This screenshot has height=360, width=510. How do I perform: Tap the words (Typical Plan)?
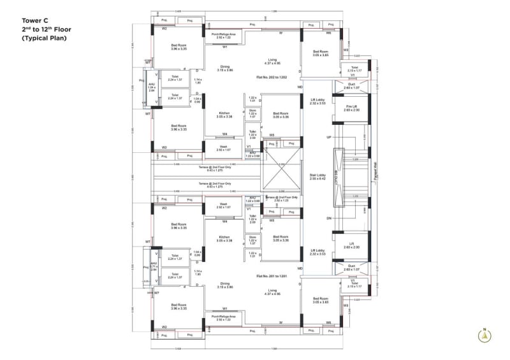coord(45,39)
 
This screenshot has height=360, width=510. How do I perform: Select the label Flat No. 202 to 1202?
coord(272,77)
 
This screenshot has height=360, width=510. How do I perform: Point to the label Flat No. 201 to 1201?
coord(272,276)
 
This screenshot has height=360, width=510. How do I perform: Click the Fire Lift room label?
coord(351,108)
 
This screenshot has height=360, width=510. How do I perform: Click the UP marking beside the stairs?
coord(329,137)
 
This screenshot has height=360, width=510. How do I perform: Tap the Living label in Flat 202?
coord(272,61)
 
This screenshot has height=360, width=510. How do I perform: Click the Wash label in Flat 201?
coord(224,206)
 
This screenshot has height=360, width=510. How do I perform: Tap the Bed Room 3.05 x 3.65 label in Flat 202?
coord(320,53)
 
